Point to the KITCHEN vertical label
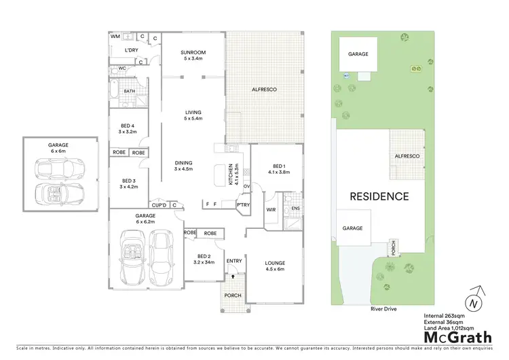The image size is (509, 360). (x=232, y=175)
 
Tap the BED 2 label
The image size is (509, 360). (x=204, y=257)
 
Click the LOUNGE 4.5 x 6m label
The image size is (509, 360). (x=275, y=266)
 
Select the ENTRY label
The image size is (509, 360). (x=234, y=262)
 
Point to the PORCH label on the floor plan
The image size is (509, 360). (x=233, y=295)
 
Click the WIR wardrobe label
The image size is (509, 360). (x=270, y=211)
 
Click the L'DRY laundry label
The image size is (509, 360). (x=132, y=50)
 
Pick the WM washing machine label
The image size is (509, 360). (x=115, y=36)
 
